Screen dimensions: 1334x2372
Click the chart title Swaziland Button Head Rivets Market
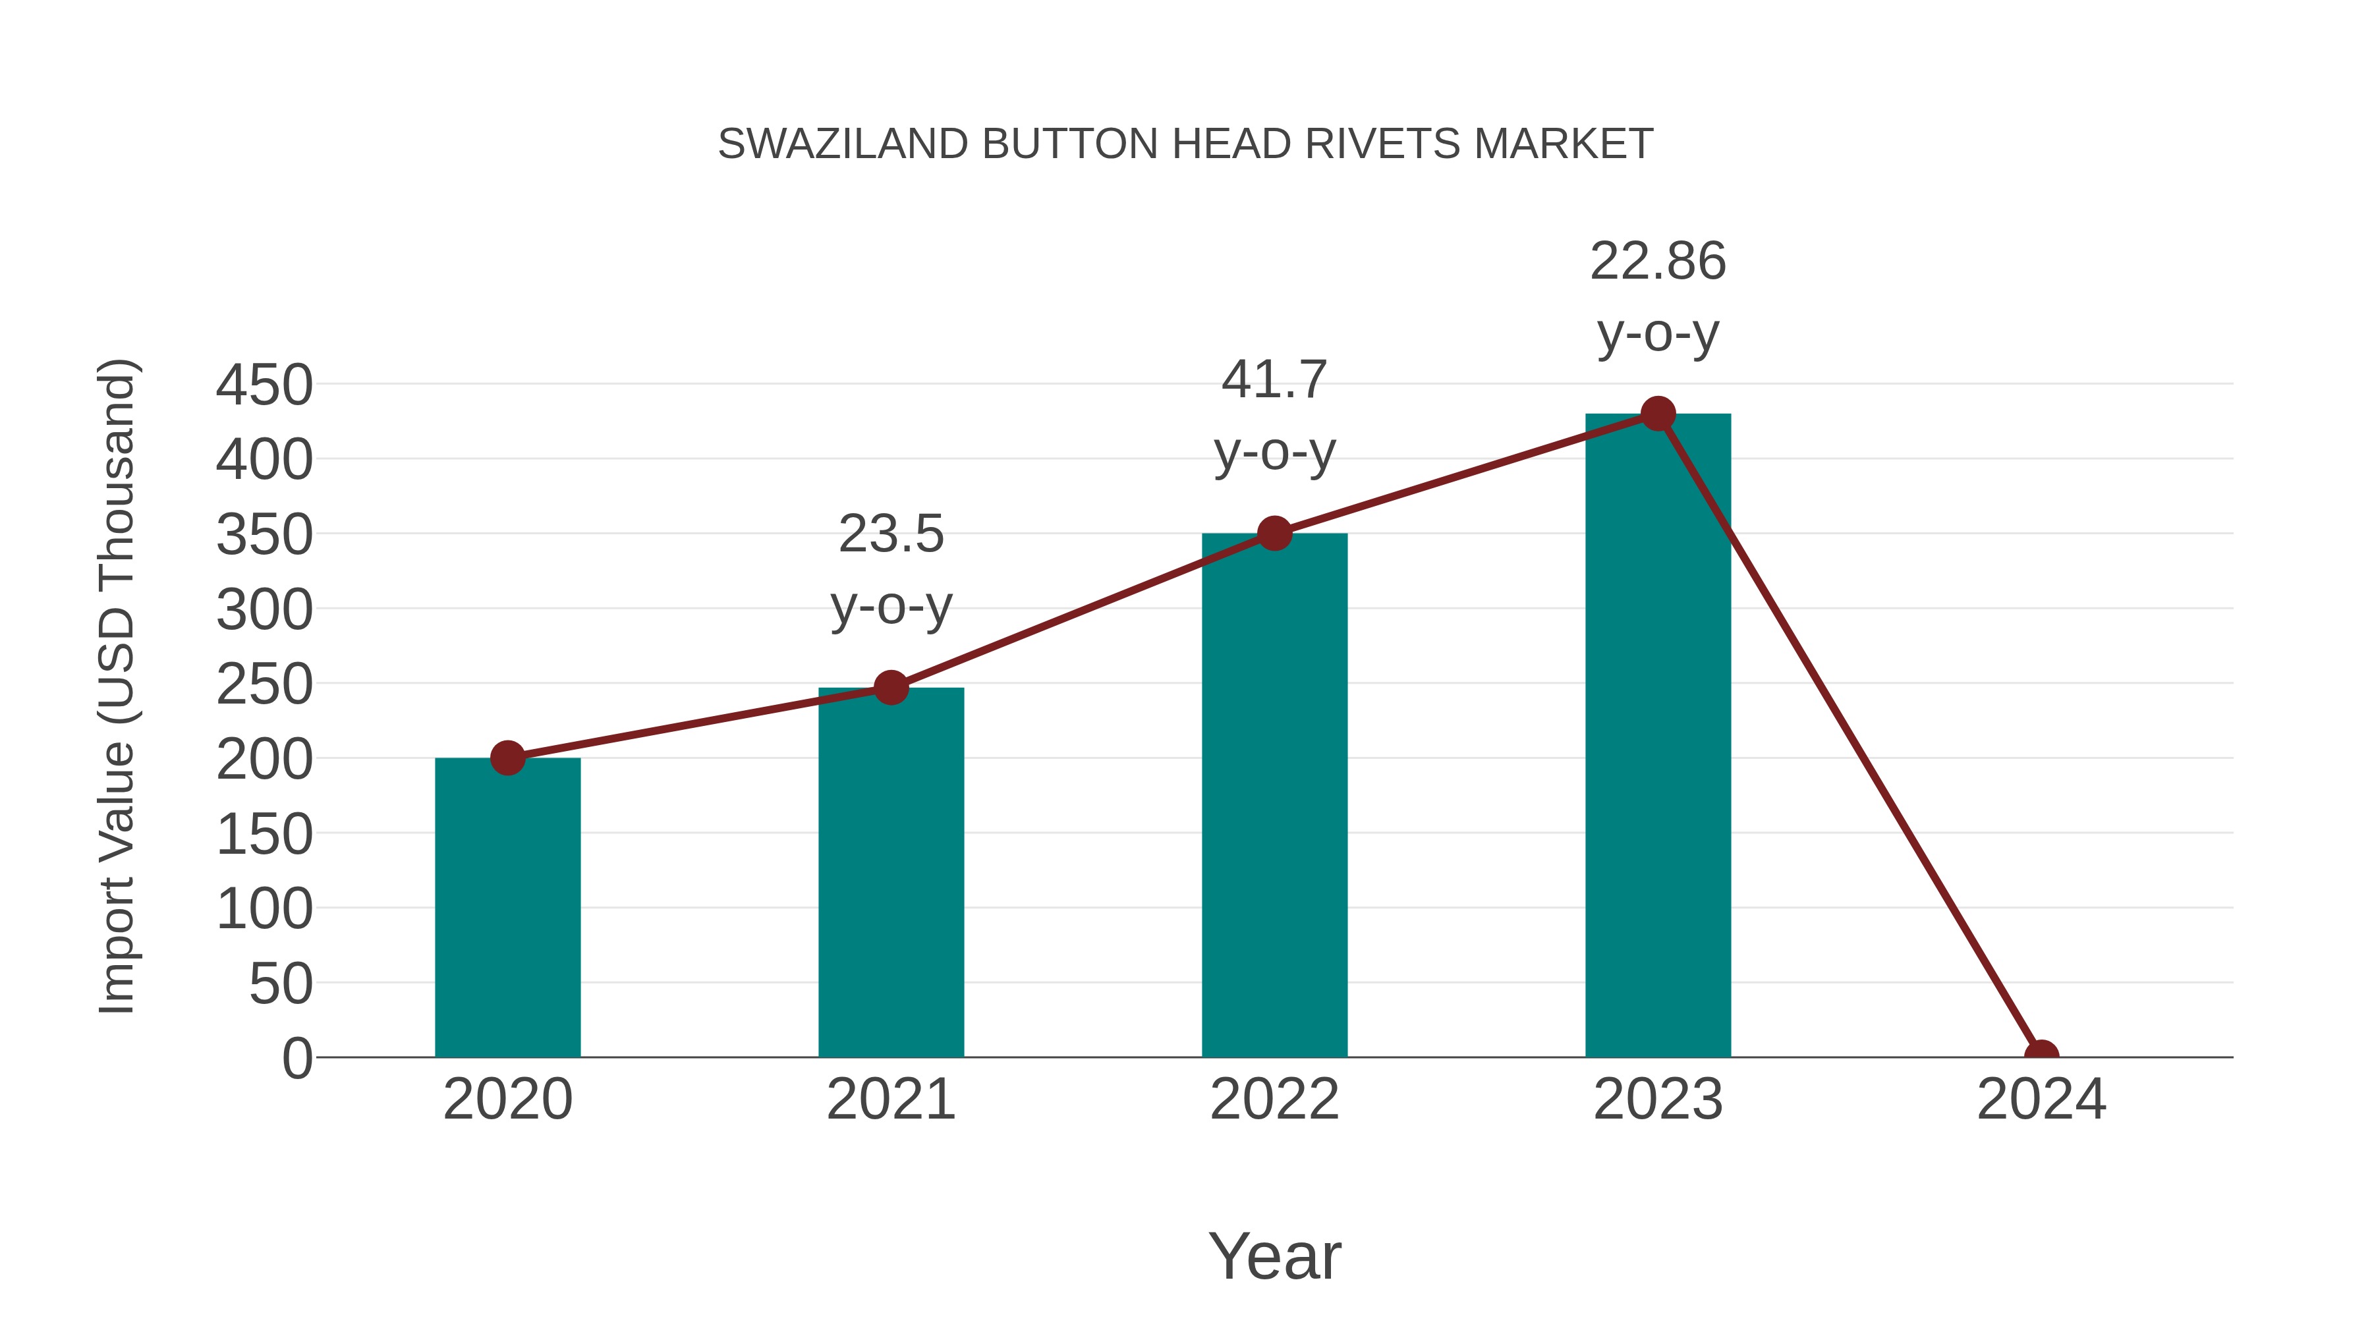pos(1185,144)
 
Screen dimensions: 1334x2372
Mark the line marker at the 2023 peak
pos(1658,414)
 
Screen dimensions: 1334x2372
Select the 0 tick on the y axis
pos(297,1058)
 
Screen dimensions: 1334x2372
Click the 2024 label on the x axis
pos(2041,1099)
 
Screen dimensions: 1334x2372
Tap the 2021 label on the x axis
pos(890,1099)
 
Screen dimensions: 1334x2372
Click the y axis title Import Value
pos(118,686)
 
